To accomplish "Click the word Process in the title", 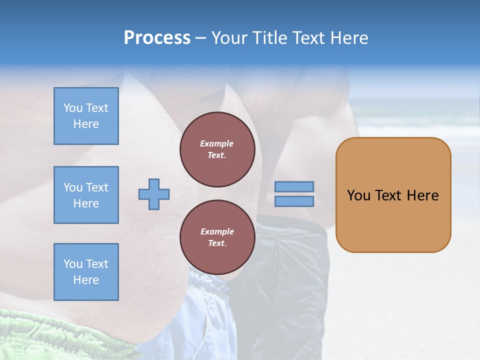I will click(x=157, y=37).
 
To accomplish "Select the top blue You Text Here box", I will click(x=86, y=116).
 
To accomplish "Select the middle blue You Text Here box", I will click(x=86, y=195).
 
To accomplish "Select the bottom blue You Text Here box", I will click(x=86, y=272).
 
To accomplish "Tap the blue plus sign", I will click(x=153, y=193).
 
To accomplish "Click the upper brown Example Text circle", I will click(x=217, y=149).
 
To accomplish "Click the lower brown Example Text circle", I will click(x=217, y=237).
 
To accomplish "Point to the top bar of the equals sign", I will click(x=294, y=186).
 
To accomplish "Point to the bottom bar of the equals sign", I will click(x=294, y=201).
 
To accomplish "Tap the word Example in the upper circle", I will click(x=217, y=143).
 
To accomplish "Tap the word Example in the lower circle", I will click(x=217, y=231).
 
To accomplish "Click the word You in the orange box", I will click(x=358, y=195).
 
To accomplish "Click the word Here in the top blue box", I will click(x=86, y=124).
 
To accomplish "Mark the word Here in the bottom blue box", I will click(x=86, y=280).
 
